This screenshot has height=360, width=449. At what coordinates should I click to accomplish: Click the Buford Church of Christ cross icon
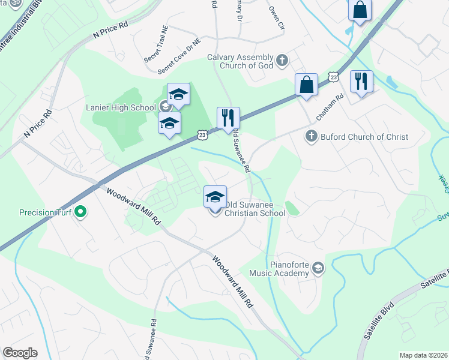click(311, 137)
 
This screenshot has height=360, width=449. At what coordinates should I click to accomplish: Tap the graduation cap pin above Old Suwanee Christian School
click(215, 196)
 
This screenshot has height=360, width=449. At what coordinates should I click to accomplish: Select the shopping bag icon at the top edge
click(359, 10)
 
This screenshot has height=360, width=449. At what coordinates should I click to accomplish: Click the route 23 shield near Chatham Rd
click(334, 76)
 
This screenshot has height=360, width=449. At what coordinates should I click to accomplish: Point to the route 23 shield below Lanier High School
click(203, 136)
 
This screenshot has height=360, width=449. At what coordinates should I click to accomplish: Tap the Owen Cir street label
click(275, 18)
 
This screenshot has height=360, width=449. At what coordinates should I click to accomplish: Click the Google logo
click(20, 353)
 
